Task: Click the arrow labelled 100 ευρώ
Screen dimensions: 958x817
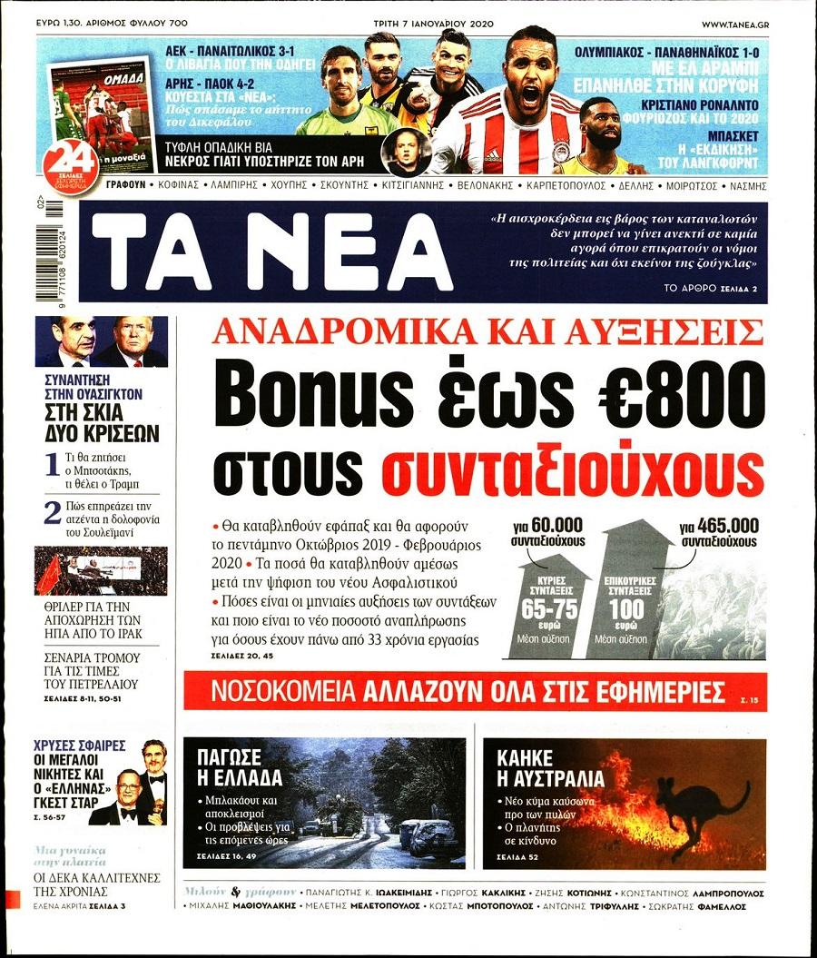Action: (625, 590)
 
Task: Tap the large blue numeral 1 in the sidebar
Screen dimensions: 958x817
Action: (54, 466)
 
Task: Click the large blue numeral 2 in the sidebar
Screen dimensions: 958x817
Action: (54, 513)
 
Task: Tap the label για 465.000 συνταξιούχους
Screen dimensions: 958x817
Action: (718, 534)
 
